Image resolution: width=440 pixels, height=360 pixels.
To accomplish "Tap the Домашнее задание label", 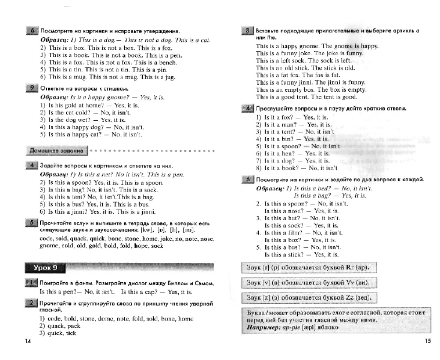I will [x=64, y=151].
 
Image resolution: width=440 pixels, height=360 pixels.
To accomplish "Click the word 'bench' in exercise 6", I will [x=167, y=62].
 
